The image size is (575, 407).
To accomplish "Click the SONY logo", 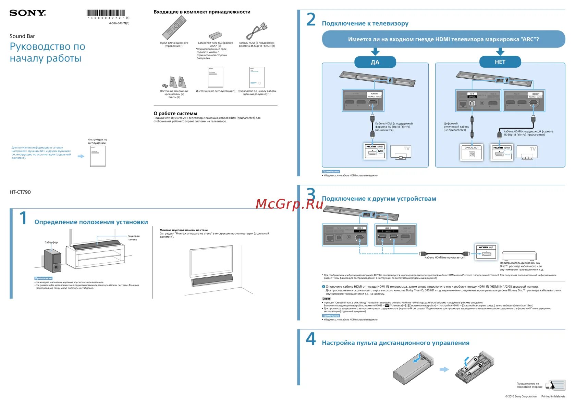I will (x=27, y=13).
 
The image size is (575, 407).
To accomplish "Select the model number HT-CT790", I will (x=20, y=192).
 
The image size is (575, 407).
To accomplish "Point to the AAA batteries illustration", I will (x=216, y=35).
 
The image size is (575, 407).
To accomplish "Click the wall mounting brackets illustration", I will (x=175, y=82).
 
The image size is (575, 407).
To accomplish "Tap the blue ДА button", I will (x=375, y=62).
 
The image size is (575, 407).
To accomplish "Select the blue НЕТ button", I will (x=500, y=62).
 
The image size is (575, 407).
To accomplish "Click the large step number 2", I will (x=311, y=19).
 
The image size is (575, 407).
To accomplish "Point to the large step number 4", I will (x=311, y=339).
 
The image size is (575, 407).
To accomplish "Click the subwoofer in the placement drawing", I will (x=52, y=261).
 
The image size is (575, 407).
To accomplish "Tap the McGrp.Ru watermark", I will (x=290, y=204).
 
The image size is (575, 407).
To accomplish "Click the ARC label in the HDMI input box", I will (x=380, y=151).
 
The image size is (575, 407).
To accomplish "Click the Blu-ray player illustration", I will (x=519, y=256).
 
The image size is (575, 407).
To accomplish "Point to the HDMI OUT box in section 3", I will (x=486, y=252).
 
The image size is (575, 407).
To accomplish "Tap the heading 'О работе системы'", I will (x=175, y=114).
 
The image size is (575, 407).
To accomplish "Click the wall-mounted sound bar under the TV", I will (x=212, y=280).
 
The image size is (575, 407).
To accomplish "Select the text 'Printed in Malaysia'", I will (x=553, y=396).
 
